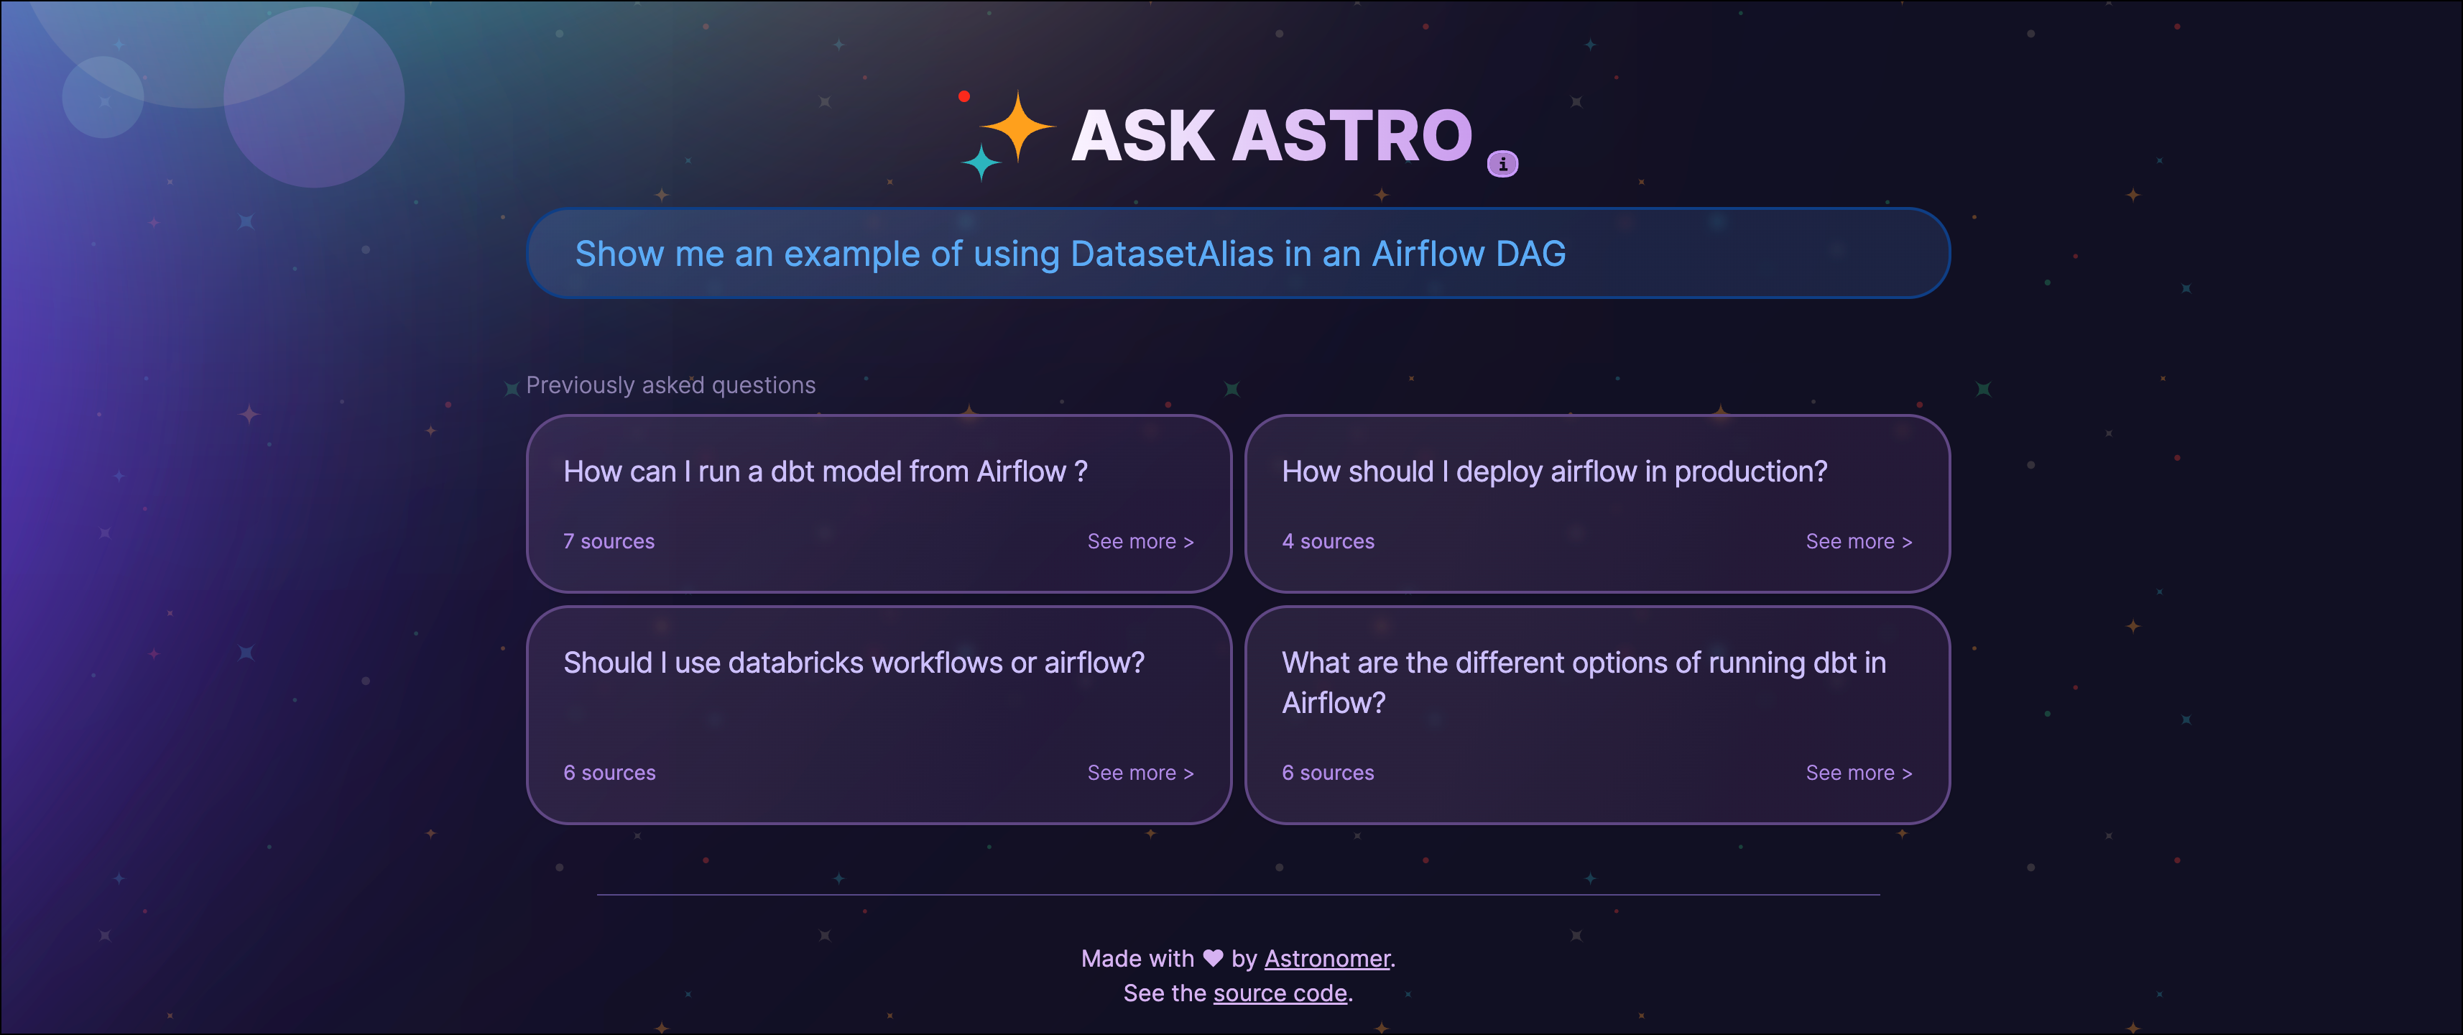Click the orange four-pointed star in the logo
tap(1017, 126)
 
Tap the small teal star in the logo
tap(981, 162)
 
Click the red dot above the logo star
tap(964, 96)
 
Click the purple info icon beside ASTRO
tap(1502, 165)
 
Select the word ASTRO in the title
tap(1352, 136)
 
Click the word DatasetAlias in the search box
tap(1172, 254)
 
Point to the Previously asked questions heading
tap(670, 385)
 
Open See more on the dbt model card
tap(1140, 541)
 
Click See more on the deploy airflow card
tap(1858, 541)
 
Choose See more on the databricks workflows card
tap(1140, 773)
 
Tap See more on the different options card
tap(1858, 773)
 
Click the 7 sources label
tap(609, 541)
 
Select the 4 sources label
tap(1328, 541)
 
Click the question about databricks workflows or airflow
tap(853, 663)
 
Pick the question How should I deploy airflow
tap(1553, 471)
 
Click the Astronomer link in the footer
tap(1326, 959)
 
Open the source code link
tap(1280, 993)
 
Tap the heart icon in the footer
tap(1212, 957)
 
